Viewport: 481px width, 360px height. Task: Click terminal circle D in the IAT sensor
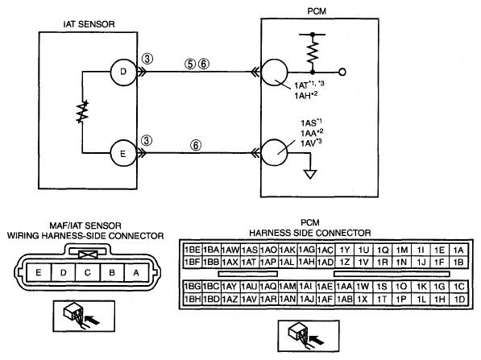click(x=123, y=72)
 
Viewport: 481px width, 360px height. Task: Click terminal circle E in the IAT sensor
click(x=123, y=153)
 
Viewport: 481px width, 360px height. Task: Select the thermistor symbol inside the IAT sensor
click(x=82, y=112)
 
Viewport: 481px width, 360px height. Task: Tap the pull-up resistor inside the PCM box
click(x=313, y=52)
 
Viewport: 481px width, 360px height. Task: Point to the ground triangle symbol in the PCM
click(x=310, y=175)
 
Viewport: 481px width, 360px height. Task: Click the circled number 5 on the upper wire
click(x=190, y=64)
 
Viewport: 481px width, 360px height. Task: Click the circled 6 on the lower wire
click(x=196, y=145)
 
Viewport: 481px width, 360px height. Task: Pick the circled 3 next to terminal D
click(x=147, y=58)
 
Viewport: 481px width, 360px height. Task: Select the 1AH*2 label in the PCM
click(x=306, y=95)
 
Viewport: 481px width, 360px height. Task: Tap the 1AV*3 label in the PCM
click(x=311, y=143)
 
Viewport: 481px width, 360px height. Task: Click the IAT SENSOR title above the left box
click(x=89, y=24)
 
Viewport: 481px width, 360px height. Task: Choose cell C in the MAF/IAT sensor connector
click(x=88, y=272)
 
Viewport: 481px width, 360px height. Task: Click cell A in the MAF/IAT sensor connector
click(x=136, y=272)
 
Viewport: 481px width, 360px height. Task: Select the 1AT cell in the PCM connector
click(x=250, y=263)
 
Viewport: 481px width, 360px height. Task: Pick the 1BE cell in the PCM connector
click(x=193, y=250)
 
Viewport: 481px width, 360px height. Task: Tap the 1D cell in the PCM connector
click(x=459, y=299)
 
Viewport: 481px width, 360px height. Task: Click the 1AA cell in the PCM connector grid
click(x=345, y=287)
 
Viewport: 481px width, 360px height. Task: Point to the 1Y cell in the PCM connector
click(x=345, y=250)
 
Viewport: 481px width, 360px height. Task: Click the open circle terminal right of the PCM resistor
click(x=342, y=72)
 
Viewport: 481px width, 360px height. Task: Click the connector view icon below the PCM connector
click(x=309, y=336)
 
